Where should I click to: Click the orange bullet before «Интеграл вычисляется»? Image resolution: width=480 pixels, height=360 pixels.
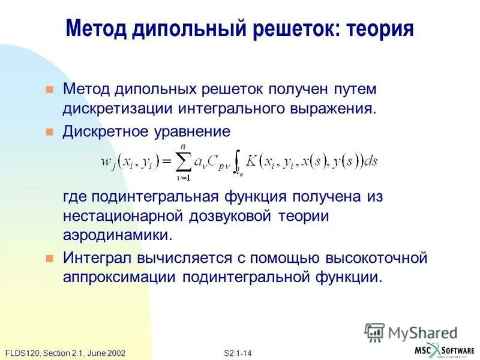coord(50,259)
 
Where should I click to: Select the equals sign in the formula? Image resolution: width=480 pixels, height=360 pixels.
coord(165,160)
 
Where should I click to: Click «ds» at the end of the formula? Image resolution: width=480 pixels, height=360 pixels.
coord(372,160)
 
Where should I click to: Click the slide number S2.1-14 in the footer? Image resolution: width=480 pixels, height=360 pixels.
coord(237,353)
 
